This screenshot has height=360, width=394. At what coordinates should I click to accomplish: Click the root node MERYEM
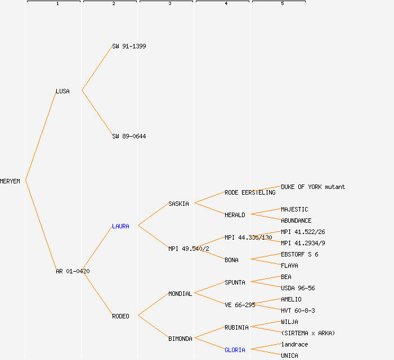point(10,181)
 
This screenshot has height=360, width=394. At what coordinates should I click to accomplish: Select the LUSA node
point(62,91)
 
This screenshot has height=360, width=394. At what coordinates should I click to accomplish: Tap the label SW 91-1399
point(129,46)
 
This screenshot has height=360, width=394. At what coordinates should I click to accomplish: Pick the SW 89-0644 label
point(129,136)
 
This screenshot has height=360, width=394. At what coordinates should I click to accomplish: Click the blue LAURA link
point(120,226)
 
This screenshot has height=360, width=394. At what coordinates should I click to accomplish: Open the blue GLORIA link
point(235,350)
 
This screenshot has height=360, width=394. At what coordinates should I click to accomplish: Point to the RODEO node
point(120,316)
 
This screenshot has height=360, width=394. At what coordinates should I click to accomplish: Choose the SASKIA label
point(178,204)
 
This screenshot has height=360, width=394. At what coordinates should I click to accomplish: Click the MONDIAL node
point(180,294)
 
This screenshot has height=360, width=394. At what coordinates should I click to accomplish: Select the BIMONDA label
point(180,339)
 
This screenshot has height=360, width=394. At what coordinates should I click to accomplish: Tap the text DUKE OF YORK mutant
point(313,187)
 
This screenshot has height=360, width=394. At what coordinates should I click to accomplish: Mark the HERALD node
point(235,215)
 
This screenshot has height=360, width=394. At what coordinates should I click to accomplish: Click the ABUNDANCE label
point(296,220)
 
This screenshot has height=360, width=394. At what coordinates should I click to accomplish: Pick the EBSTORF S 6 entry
point(299,254)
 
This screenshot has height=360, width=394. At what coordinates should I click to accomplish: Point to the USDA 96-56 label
point(298,288)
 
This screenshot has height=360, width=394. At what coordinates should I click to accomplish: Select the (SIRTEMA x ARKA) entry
point(308,333)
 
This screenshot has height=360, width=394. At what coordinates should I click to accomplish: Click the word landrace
point(294,344)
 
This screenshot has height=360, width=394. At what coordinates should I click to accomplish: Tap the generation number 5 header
point(282,4)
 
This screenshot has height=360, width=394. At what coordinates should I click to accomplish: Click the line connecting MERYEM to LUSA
point(41,136)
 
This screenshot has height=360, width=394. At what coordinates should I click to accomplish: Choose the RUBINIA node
point(236,327)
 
